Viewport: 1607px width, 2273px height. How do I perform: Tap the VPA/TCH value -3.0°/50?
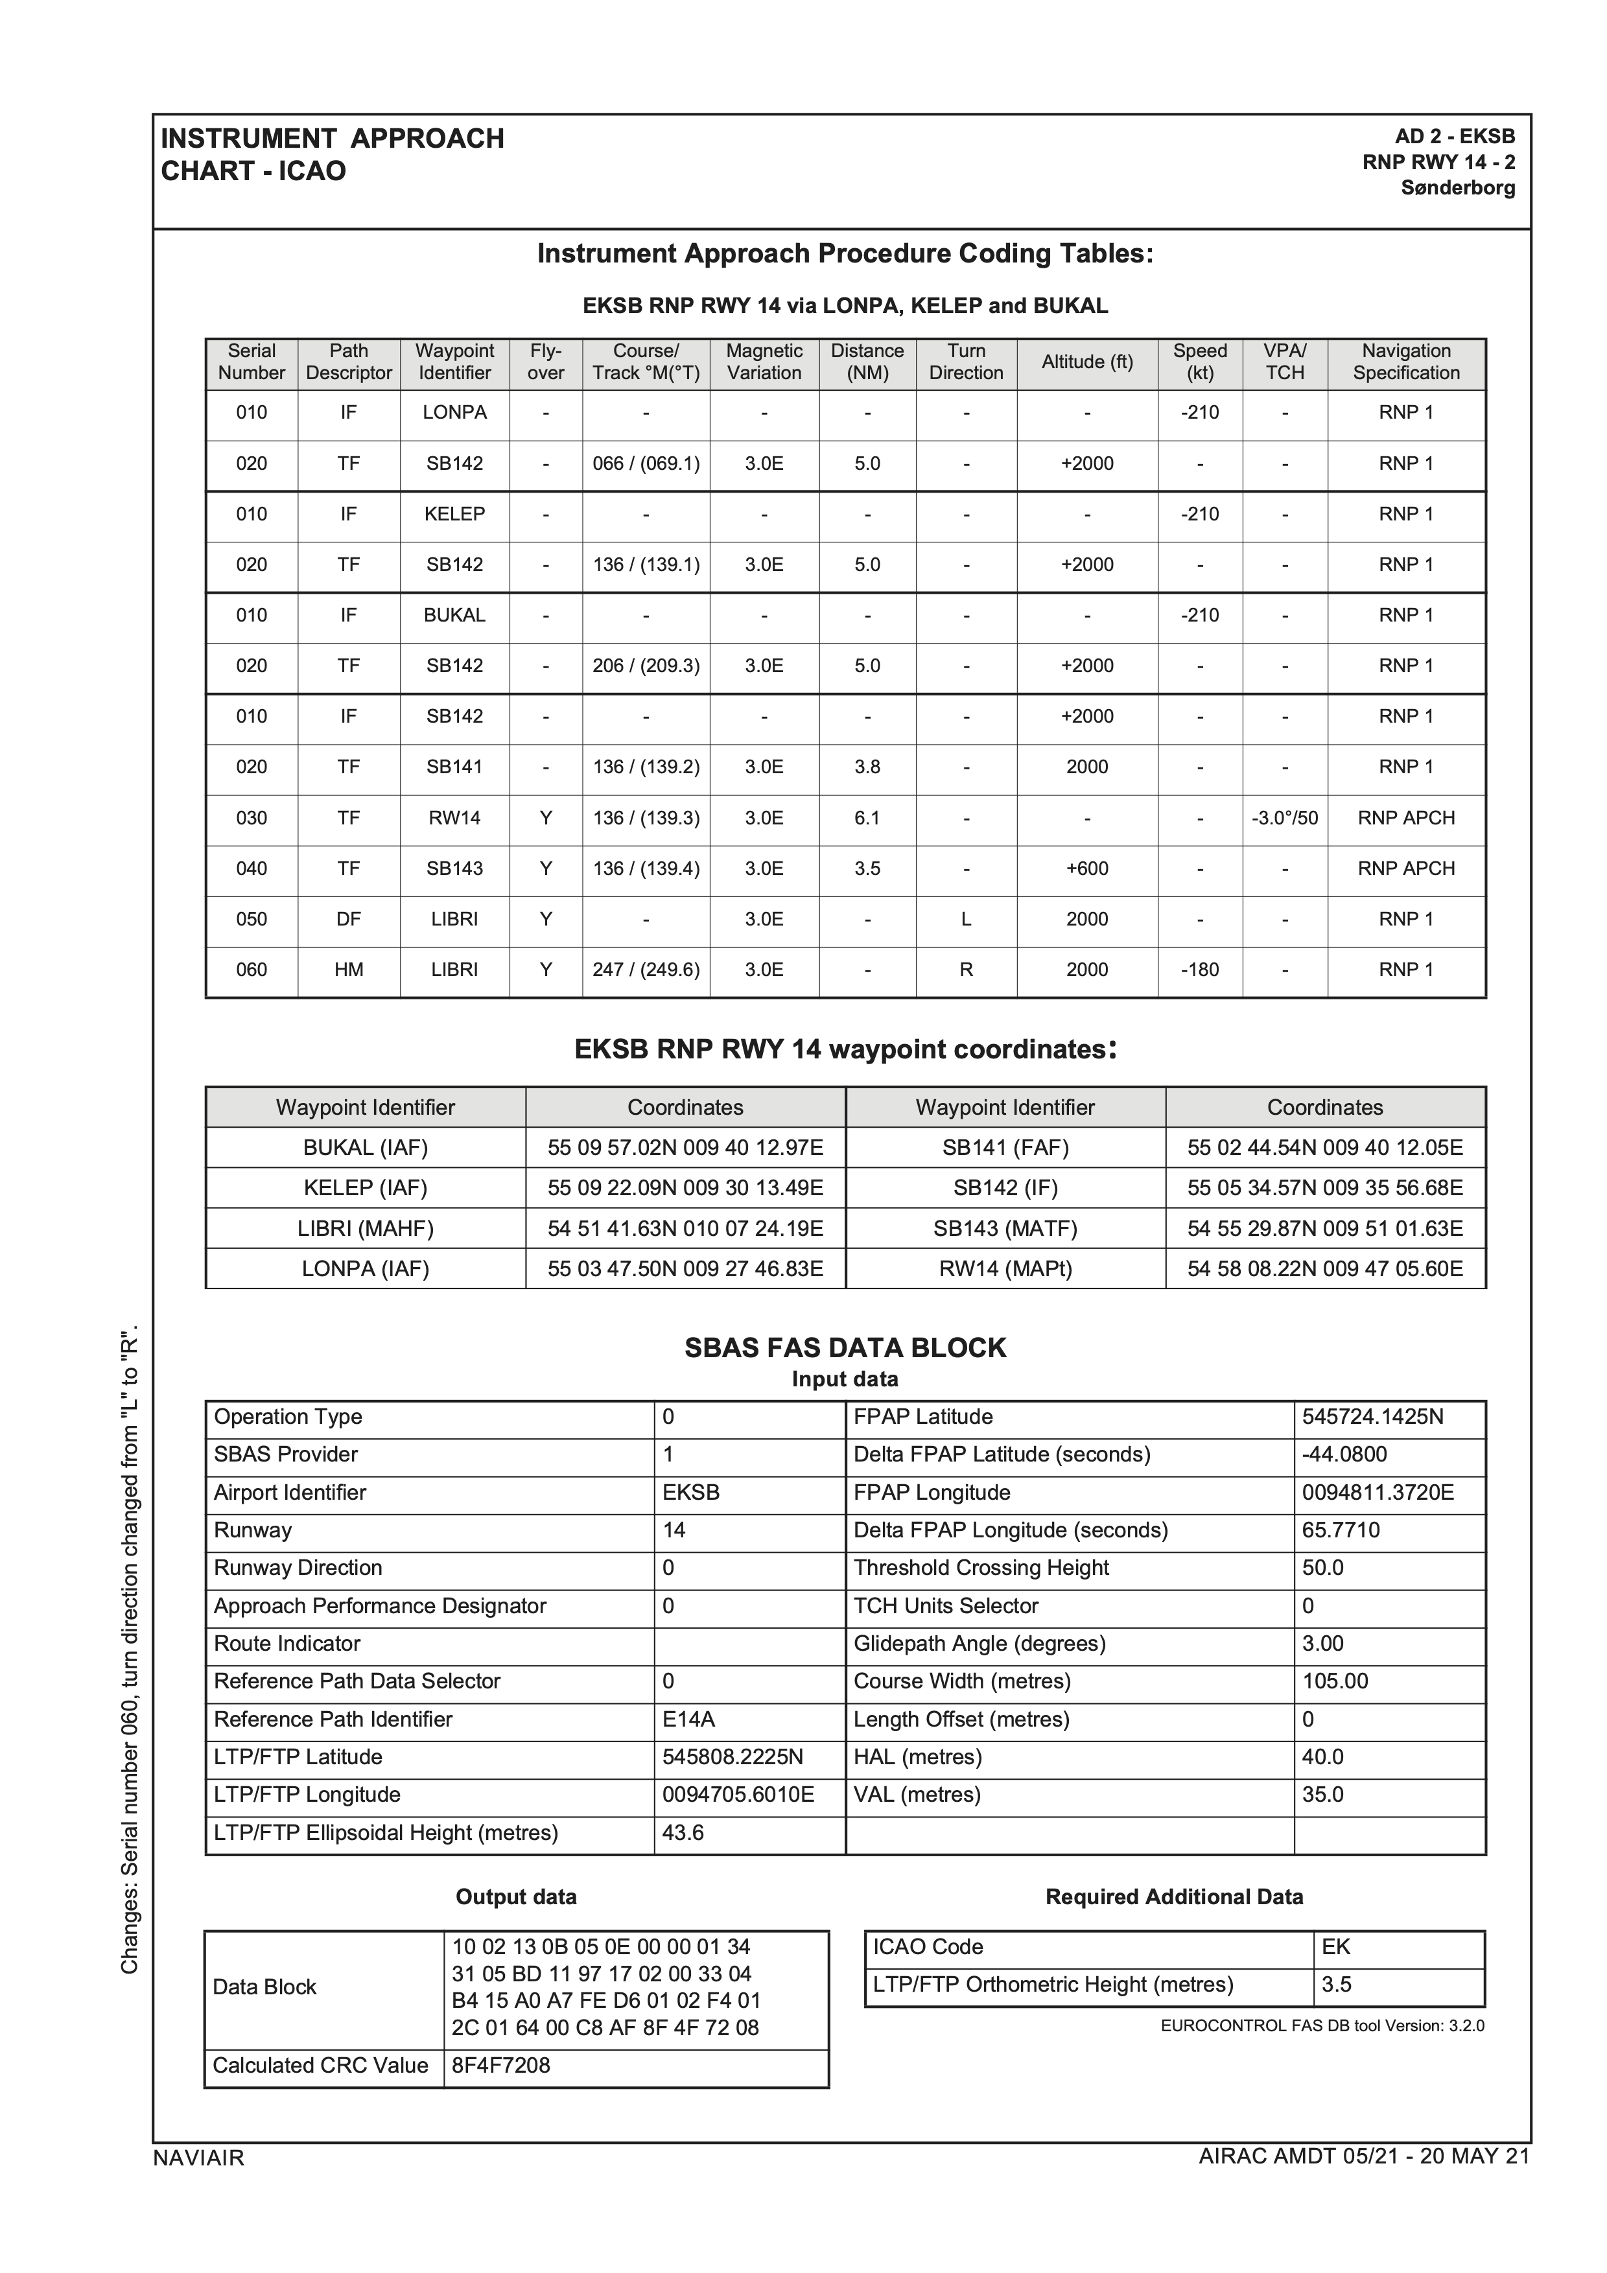(x=1284, y=819)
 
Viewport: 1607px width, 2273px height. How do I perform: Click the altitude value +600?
(x=1086, y=869)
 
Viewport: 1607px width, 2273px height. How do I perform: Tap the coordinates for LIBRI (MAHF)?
(x=685, y=1229)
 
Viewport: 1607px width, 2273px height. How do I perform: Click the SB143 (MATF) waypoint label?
(x=1005, y=1229)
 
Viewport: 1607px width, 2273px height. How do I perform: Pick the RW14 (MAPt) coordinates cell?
(x=1325, y=1269)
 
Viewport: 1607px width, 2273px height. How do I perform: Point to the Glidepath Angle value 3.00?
(x=1323, y=1644)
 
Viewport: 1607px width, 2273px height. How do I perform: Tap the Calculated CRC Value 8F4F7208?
(x=501, y=2065)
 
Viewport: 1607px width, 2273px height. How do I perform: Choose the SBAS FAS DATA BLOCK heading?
(x=845, y=1348)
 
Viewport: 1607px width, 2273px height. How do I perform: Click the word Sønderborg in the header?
(x=1457, y=188)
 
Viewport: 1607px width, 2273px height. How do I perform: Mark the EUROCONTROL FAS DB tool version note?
(x=1322, y=2025)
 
